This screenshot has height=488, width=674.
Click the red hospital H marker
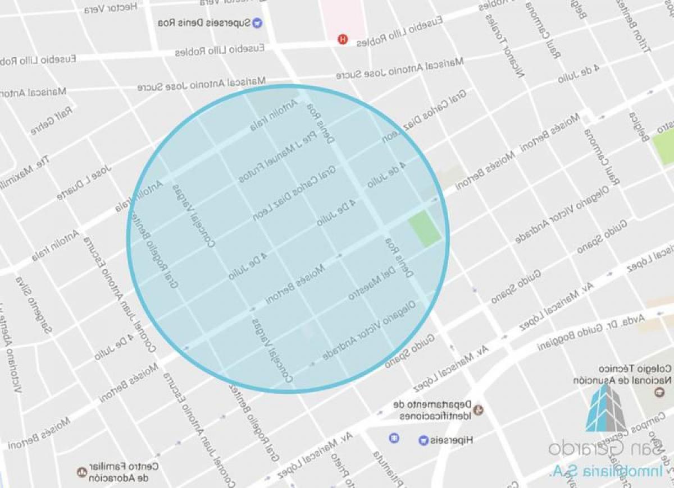[341, 39]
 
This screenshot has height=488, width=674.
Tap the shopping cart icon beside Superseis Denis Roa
[257, 23]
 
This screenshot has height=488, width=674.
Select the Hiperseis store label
[452, 440]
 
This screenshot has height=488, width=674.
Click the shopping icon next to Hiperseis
[422, 440]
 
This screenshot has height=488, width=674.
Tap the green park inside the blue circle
[425, 228]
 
